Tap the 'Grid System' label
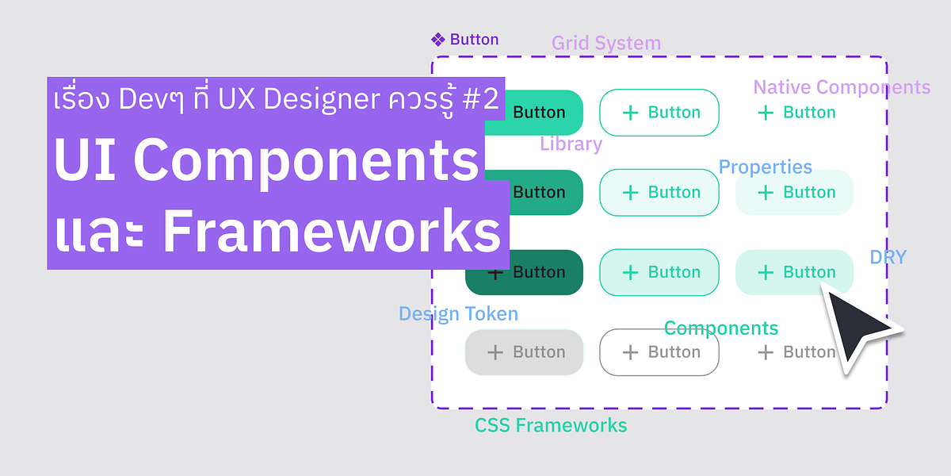click(x=606, y=43)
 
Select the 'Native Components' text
click(x=841, y=87)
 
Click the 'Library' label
click(x=571, y=144)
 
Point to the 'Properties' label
click(x=765, y=167)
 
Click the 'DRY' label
click(x=888, y=257)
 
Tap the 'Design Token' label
click(x=458, y=314)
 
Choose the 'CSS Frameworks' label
click(x=551, y=426)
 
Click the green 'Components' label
click(x=721, y=328)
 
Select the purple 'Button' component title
click(x=474, y=40)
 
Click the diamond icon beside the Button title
click(x=437, y=40)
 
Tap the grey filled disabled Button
click(x=524, y=352)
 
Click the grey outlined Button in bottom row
click(x=659, y=352)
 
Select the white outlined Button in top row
click(x=659, y=113)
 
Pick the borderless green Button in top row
click(x=795, y=113)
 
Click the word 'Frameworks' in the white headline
click(x=331, y=232)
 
